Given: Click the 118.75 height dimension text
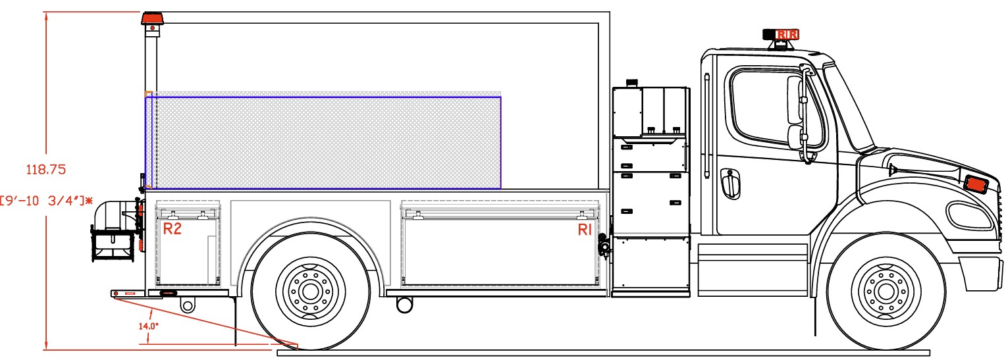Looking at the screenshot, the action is pos(46,170).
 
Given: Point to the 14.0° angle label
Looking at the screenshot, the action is pos(148,326).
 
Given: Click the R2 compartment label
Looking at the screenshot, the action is pos(172,228).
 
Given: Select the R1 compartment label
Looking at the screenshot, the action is pos(585,230).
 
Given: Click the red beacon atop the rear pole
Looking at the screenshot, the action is pos(153,18).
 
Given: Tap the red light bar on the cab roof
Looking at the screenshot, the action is pos(781,34).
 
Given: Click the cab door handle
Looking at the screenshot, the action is pos(730,183).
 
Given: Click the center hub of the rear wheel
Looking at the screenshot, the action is pos(310,292).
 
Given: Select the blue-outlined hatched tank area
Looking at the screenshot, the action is pos(323,142).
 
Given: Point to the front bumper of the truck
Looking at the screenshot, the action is pos(983,274).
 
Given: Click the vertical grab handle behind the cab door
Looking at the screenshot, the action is pos(707,126).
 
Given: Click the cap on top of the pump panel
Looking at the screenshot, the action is pos(632,83).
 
